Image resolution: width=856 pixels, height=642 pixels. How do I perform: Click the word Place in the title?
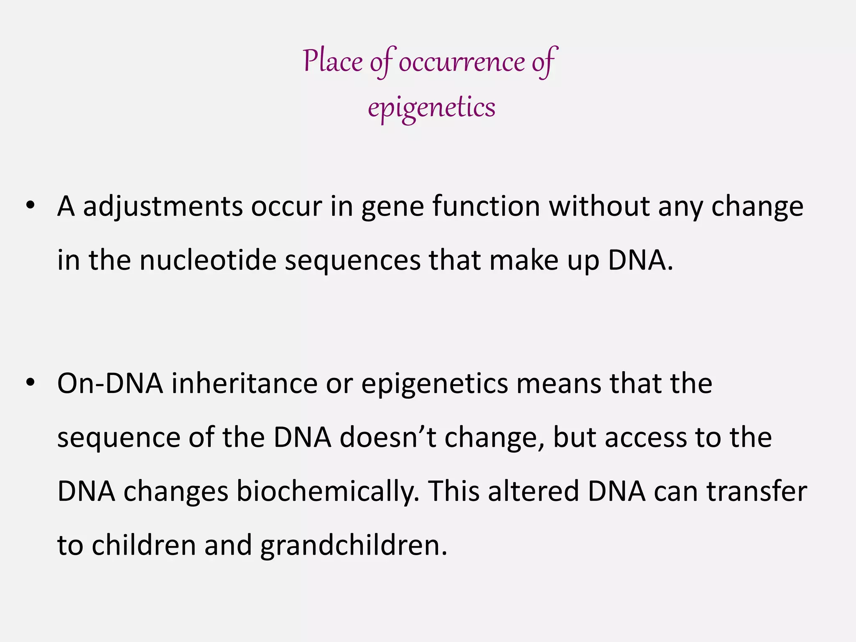[x=333, y=61]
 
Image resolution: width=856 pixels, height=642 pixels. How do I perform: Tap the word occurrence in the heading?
[x=461, y=62]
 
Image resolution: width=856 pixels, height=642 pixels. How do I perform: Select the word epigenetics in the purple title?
[x=431, y=107]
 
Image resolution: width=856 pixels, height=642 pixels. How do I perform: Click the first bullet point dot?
[x=30, y=206]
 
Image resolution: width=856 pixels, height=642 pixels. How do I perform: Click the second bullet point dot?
[x=30, y=383]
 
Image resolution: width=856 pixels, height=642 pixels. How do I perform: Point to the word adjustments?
[x=163, y=206]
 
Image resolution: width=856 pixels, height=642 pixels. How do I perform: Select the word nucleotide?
[x=208, y=260]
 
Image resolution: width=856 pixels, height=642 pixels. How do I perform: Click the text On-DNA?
[x=110, y=383]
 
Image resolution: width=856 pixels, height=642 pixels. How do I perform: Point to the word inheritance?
[x=244, y=383]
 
